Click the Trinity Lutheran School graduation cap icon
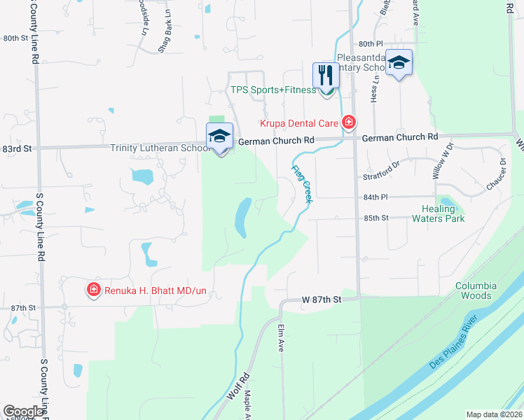(x=219, y=136)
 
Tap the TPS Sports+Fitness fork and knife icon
(x=326, y=74)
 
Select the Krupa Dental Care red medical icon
(x=349, y=123)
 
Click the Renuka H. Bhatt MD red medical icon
(x=93, y=288)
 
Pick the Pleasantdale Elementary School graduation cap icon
(x=399, y=62)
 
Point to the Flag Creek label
(x=302, y=181)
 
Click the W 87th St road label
(x=322, y=299)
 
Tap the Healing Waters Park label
(x=443, y=213)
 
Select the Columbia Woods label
(x=476, y=290)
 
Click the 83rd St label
(x=18, y=149)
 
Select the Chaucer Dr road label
(x=495, y=175)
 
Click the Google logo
(x=23, y=412)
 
